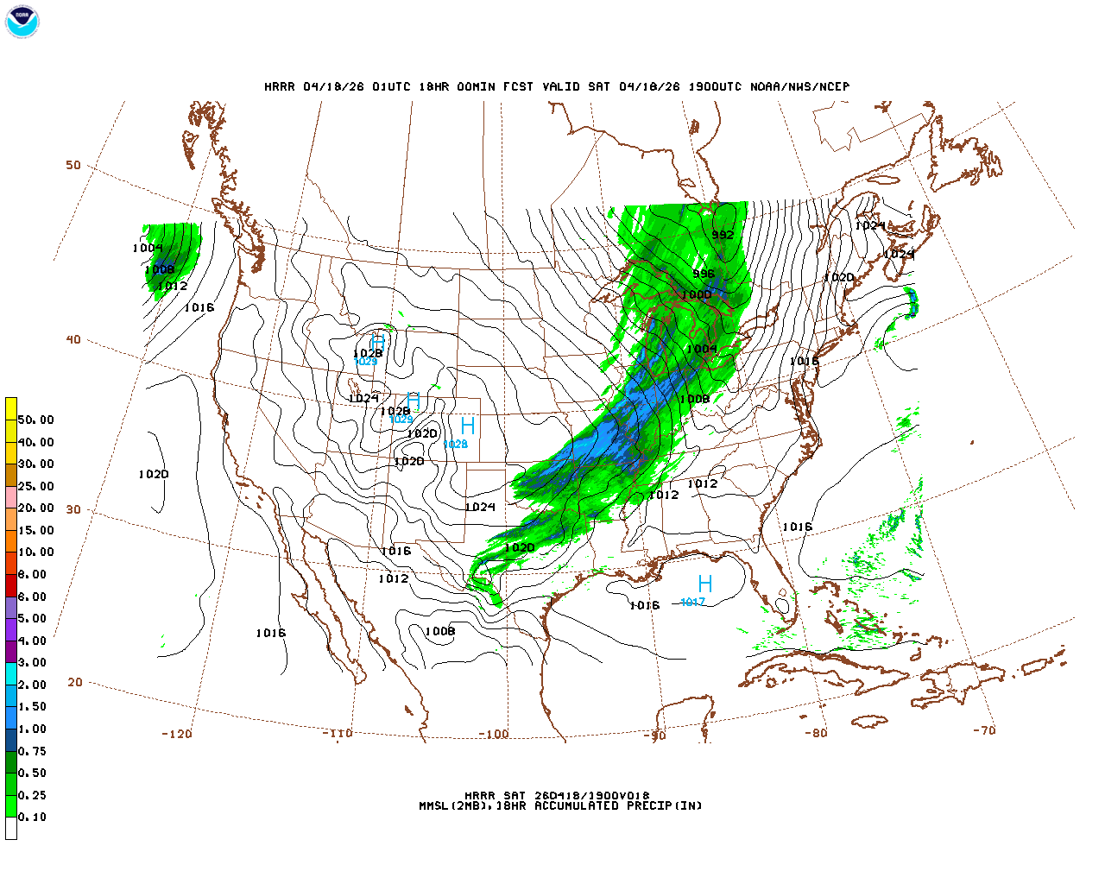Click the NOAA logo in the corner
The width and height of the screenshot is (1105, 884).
(x=22, y=22)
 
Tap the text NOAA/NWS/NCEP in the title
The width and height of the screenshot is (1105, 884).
(x=799, y=86)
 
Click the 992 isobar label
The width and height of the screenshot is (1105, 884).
(x=723, y=235)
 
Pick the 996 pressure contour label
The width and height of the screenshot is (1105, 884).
(x=704, y=274)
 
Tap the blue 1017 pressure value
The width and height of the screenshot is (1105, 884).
(x=692, y=602)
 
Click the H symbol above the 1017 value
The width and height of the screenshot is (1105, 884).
(x=704, y=584)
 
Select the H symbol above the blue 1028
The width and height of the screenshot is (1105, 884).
(x=467, y=426)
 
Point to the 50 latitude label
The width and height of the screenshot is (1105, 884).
(x=73, y=165)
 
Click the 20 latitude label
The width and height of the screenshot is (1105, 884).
(x=75, y=682)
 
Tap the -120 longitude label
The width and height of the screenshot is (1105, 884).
(x=176, y=734)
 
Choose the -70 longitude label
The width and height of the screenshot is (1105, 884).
(x=984, y=729)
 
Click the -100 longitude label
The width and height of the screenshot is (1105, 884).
(x=493, y=734)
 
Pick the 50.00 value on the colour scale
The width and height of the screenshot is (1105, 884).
(x=35, y=420)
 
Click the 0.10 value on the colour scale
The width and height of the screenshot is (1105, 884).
(x=33, y=817)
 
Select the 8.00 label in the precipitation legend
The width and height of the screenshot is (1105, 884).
(x=33, y=574)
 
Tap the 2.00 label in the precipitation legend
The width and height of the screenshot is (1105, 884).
(x=33, y=685)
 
